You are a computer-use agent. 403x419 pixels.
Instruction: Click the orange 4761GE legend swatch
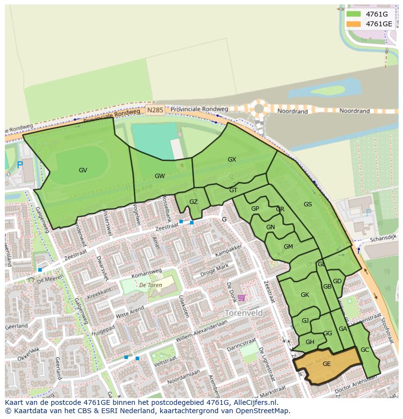[354, 24]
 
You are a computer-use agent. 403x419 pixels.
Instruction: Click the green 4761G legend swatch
[354, 14]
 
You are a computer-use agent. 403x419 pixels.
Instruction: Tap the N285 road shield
[155, 110]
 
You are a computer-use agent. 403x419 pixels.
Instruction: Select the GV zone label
[83, 170]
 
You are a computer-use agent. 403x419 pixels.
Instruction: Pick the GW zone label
[160, 176]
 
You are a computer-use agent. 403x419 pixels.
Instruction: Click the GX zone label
[232, 160]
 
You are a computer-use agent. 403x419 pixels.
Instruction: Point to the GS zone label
[308, 204]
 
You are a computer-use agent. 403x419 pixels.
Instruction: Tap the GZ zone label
[193, 202]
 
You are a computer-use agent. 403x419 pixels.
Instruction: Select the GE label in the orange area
[327, 364]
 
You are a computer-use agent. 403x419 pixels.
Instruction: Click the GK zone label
[305, 295]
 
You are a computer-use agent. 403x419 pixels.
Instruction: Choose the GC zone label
[365, 350]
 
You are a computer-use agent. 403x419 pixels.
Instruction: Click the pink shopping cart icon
[241, 298]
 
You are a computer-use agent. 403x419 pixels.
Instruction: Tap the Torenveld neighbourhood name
[243, 313]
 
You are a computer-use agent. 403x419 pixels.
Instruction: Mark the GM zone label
[288, 247]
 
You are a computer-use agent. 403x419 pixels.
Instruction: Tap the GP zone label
[255, 209]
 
